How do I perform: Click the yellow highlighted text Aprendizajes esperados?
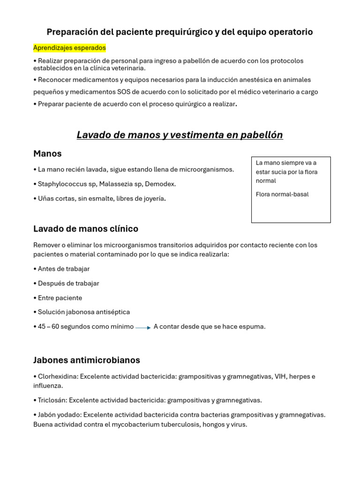click(69, 48)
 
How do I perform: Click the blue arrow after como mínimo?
click(143, 328)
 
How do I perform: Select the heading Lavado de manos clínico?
click(86, 229)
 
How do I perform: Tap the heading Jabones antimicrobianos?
click(87, 360)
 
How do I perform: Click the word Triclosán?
click(52, 400)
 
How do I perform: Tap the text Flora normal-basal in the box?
click(282, 194)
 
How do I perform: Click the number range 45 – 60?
click(48, 326)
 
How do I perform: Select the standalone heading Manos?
click(47, 154)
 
